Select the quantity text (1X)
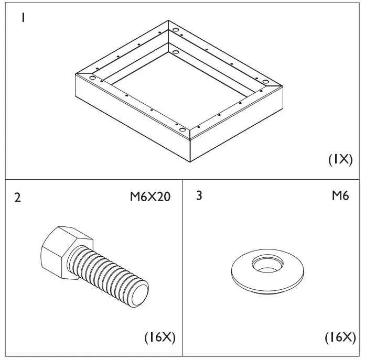(x=340, y=160)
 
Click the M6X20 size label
(x=150, y=198)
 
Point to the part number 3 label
(x=199, y=197)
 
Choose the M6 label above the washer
(x=341, y=197)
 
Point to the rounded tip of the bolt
(x=142, y=291)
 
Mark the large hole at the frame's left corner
(x=93, y=78)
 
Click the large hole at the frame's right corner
(x=265, y=82)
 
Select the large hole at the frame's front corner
(x=182, y=129)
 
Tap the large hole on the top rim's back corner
(x=174, y=30)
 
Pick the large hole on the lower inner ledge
(x=175, y=52)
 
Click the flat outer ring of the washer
(x=242, y=276)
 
